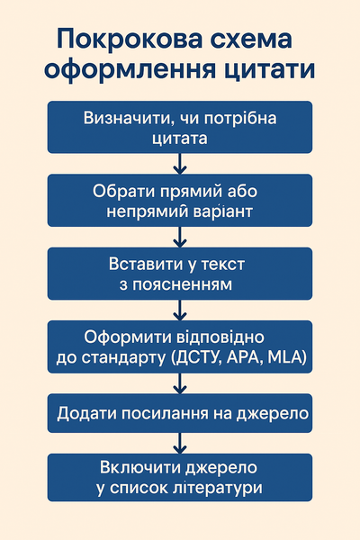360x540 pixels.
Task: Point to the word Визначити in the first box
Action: pos(127,119)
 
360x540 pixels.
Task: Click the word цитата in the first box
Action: pos(180,139)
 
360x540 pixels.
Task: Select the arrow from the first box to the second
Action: pos(180,164)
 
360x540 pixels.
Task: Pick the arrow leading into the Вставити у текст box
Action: pos(180,237)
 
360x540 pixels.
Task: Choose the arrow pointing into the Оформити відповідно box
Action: pos(180,310)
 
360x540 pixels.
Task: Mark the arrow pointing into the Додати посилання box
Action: pos(180,383)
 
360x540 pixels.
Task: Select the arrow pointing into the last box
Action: pos(180,444)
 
